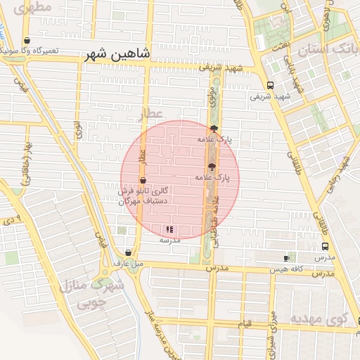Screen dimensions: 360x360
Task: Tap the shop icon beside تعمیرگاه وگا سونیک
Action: (27, 41)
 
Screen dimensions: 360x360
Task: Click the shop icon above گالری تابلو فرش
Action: (143, 181)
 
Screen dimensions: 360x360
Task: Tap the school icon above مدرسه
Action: (169, 229)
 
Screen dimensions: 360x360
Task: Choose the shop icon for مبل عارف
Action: (127, 252)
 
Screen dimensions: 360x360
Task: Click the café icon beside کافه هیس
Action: (286, 258)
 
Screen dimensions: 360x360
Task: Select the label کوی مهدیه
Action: (328, 320)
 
